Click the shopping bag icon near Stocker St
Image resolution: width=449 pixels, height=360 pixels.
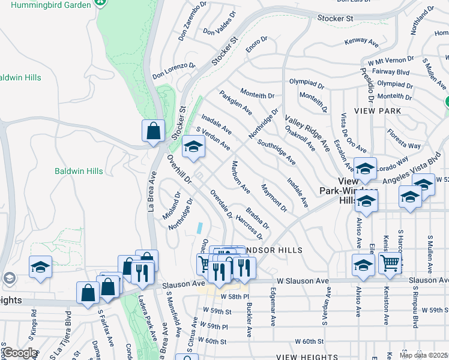(x=154, y=131)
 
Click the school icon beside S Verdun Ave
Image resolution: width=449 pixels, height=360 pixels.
(x=193, y=148)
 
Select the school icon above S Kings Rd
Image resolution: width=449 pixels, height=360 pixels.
(x=40, y=266)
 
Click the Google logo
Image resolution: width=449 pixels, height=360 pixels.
(x=20, y=353)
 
